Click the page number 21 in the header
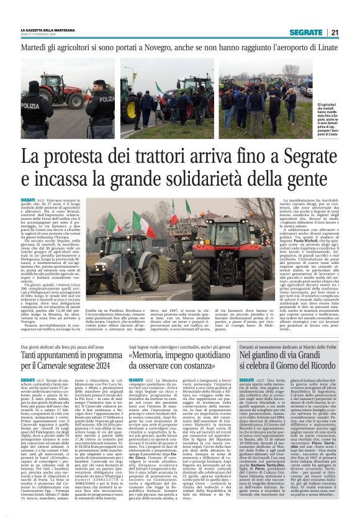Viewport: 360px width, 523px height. point(334,32)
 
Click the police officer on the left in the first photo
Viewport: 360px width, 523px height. point(34,106)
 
